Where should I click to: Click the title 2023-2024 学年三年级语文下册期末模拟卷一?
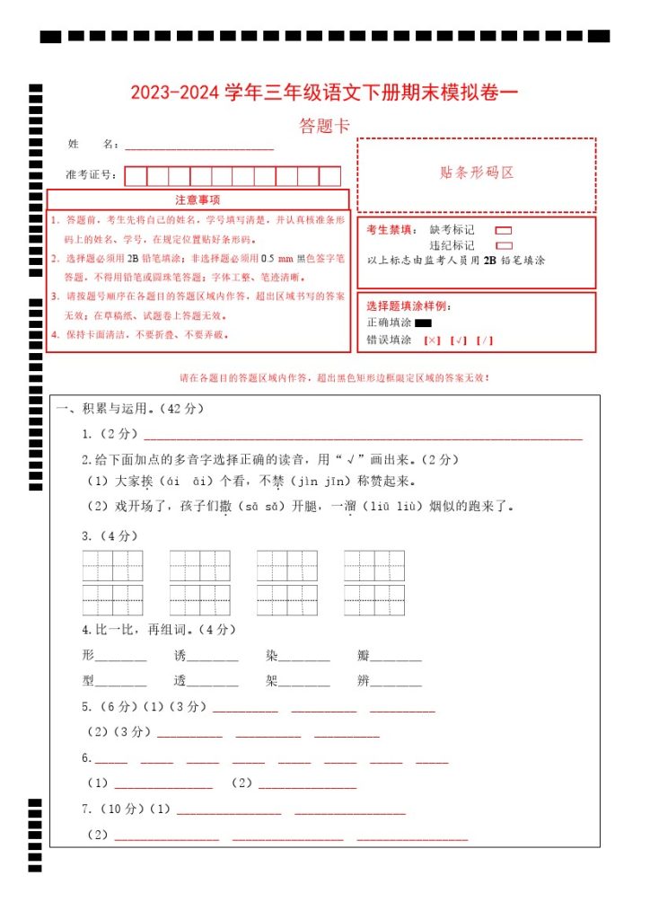(324, 93)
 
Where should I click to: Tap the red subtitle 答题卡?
(324, 127)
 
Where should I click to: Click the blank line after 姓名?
(198, 146)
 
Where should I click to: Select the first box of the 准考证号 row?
(136, 176)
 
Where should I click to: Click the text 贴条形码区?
(477, 173)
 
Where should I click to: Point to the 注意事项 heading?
(198, 199)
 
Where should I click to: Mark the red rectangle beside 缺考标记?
(504, 231)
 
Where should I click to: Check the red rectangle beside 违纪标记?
(504, 245)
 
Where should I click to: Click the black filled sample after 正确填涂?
(424, 323)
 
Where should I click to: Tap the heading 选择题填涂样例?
(408, 306)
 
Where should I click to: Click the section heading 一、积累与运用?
(131, 410)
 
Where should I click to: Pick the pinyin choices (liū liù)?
(391, 507)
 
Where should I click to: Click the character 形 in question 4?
(88, 655)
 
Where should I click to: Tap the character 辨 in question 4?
(364, 681)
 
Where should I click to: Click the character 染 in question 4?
(272, 655)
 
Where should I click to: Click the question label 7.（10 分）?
(112, 809)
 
